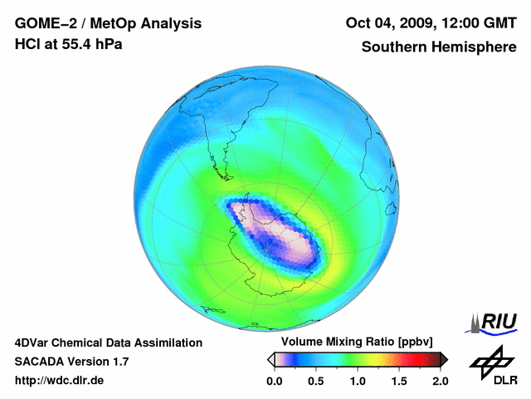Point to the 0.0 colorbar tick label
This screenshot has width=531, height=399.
pos(274,381)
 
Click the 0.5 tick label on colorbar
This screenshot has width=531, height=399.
pos(315,381)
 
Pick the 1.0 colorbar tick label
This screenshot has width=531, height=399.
pos(358,381)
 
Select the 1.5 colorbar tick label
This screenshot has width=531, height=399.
pos(399,381)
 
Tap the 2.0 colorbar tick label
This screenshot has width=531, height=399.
pos(440,381)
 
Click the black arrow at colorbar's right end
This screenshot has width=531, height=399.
pos(444,359)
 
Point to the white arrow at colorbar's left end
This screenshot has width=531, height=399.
pos(270,359)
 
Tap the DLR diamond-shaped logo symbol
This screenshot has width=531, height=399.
pos(490,359)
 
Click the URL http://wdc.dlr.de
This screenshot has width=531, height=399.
pos(60,381)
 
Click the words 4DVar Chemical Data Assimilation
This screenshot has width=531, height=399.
pos(109,342)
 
